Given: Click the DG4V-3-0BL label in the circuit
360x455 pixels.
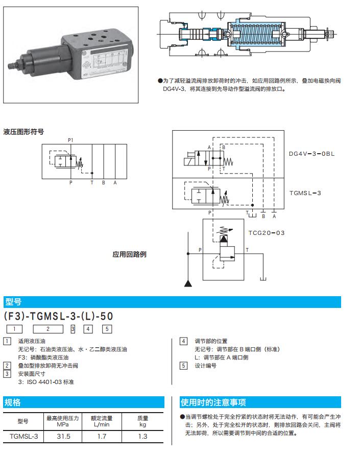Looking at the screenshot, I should click(311, 153).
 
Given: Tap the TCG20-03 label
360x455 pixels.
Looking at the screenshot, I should click(267, 233).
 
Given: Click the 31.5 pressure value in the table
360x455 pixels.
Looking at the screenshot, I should click(63, 437).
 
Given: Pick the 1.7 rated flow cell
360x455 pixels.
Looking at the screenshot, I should click(102, 437).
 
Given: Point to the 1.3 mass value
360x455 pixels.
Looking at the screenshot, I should click(142, 437).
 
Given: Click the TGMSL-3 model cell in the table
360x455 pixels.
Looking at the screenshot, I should click(23, 437).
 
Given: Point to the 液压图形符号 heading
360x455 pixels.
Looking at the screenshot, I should click(23, 132).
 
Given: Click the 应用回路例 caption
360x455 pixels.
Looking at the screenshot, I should click(130, 254).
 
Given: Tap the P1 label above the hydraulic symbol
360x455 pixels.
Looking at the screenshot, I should click(70, 139).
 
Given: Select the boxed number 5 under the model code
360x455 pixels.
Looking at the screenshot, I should click(107, 329).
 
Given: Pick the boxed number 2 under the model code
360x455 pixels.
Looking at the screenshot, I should click(48, 329).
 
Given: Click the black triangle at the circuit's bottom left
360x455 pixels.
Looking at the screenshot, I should click(188, 283).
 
